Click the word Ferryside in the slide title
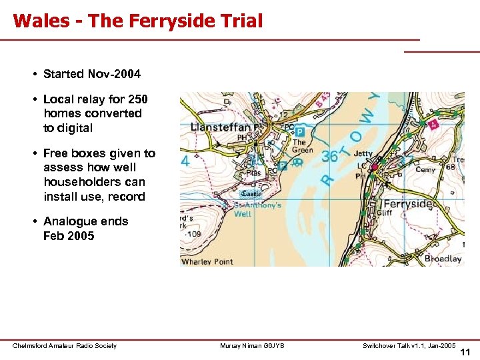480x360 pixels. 171,21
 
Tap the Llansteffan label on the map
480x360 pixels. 220,127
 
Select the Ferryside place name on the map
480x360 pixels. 409,204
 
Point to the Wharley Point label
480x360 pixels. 207,261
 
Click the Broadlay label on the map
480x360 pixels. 443,258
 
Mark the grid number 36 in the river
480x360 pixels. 330,157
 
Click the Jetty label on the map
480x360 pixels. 363,153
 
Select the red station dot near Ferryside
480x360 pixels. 375,167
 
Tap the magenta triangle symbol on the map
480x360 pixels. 435,124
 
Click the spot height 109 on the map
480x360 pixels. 194,235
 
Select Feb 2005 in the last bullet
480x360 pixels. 69,236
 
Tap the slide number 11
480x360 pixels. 465,351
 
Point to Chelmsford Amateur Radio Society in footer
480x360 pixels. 65,345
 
